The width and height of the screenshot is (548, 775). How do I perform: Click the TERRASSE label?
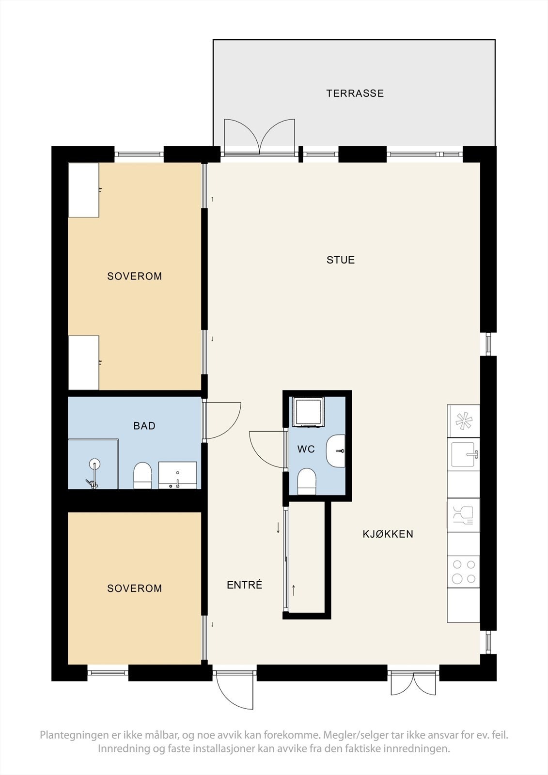click(355, 93)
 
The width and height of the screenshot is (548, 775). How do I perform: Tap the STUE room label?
click(341, 260)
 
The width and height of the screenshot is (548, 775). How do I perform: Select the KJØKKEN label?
click(388, 534)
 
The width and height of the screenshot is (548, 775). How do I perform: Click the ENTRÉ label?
click(244, 585)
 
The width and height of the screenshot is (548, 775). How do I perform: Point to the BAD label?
click(144, 426)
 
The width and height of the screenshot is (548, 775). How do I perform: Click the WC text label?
click(306, 449)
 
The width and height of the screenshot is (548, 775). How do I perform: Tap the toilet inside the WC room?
click(306, 481)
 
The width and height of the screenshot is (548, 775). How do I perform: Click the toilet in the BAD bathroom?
click(142, 475)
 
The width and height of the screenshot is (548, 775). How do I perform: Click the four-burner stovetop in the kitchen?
click(463, 572)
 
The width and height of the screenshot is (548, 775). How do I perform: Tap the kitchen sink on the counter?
click(464, 454)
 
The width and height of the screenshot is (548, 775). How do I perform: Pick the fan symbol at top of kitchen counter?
click(464, 420)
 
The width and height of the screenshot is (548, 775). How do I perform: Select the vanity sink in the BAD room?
click(178, 475)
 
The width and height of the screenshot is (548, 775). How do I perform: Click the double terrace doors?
click(260, 137)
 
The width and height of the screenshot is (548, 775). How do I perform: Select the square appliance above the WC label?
click(308, 412)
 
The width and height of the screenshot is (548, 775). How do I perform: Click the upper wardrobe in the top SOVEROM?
click(84, 190)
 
